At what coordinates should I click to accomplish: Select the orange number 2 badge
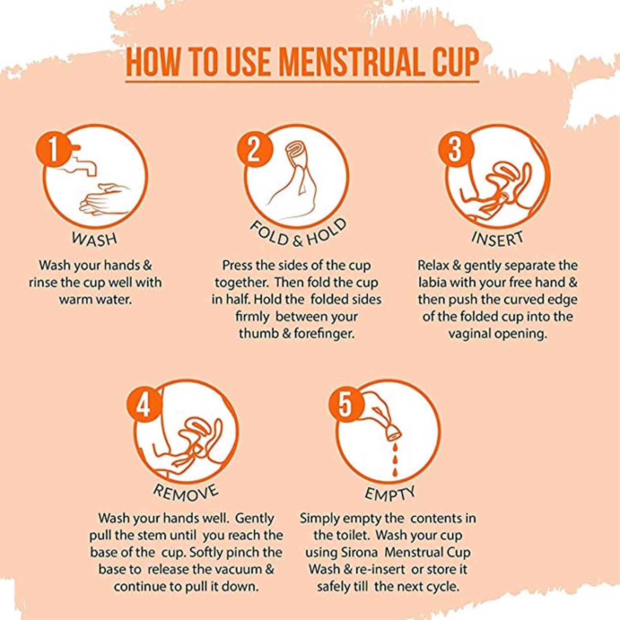point(254,150)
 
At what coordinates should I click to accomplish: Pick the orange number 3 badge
point(455,150)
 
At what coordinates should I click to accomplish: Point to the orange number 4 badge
point(144,405)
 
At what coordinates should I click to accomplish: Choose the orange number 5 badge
point(345,405)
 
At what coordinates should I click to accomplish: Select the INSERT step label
point(498,239)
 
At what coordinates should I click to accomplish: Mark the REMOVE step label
point(186,493)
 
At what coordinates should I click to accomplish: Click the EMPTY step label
point(390,494)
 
